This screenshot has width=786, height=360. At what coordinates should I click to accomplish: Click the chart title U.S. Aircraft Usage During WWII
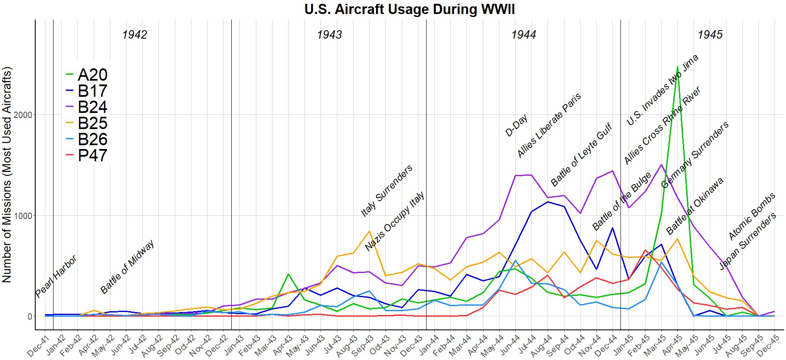click(x=410, y=9)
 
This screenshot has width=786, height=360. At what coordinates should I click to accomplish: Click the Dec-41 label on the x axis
click(x=38, y=346)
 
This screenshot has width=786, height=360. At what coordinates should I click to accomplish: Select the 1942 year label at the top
click(x=135, y=35)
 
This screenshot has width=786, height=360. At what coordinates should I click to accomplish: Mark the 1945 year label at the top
click(x=710, y=35)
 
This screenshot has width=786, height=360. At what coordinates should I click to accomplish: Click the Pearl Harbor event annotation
click(x=56, y=276)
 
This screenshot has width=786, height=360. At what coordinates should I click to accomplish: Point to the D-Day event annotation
click(x=517, y=125)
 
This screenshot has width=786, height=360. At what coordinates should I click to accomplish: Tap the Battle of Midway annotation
click(x=127, y=267)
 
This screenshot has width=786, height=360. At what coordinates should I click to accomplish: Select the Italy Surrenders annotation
click(x=387, y=191)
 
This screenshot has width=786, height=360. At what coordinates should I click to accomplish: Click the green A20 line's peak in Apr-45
click(x=677, y=67)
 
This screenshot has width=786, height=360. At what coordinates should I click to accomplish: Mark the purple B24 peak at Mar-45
click(x=661, y=165)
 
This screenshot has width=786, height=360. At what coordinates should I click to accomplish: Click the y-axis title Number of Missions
click(x=7, y=174)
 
